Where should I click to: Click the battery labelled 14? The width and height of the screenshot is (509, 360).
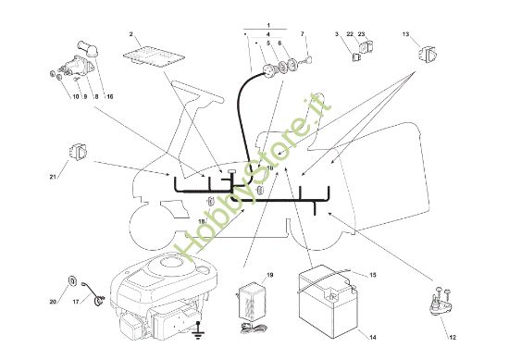(x=328, y=302)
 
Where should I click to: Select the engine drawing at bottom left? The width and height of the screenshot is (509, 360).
(x=163, y=296)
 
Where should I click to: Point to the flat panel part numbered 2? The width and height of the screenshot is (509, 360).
(x=154, y=56)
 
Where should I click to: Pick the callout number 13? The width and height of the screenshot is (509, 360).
(x=405, y=34)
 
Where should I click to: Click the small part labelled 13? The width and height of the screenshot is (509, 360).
(x=428, y=54)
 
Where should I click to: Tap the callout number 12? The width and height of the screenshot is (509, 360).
(x=453, y=337)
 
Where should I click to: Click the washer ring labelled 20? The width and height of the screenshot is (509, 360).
(x=72, y=280)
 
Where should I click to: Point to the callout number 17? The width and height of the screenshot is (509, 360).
(x=76, y=302)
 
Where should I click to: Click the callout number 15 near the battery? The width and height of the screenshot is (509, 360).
(x=373, y=275)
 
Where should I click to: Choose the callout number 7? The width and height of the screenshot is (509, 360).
(x=303, y=34)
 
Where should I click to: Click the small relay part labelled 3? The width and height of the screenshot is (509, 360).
(x=356, y=57)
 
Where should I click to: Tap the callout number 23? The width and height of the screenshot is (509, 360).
(x=361, y=34)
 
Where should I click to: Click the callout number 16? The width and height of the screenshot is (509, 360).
(x=110, y=96)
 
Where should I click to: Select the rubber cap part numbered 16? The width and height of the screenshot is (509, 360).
(x=87, y=49)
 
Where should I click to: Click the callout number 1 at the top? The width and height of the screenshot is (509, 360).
(x=268, y=25)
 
